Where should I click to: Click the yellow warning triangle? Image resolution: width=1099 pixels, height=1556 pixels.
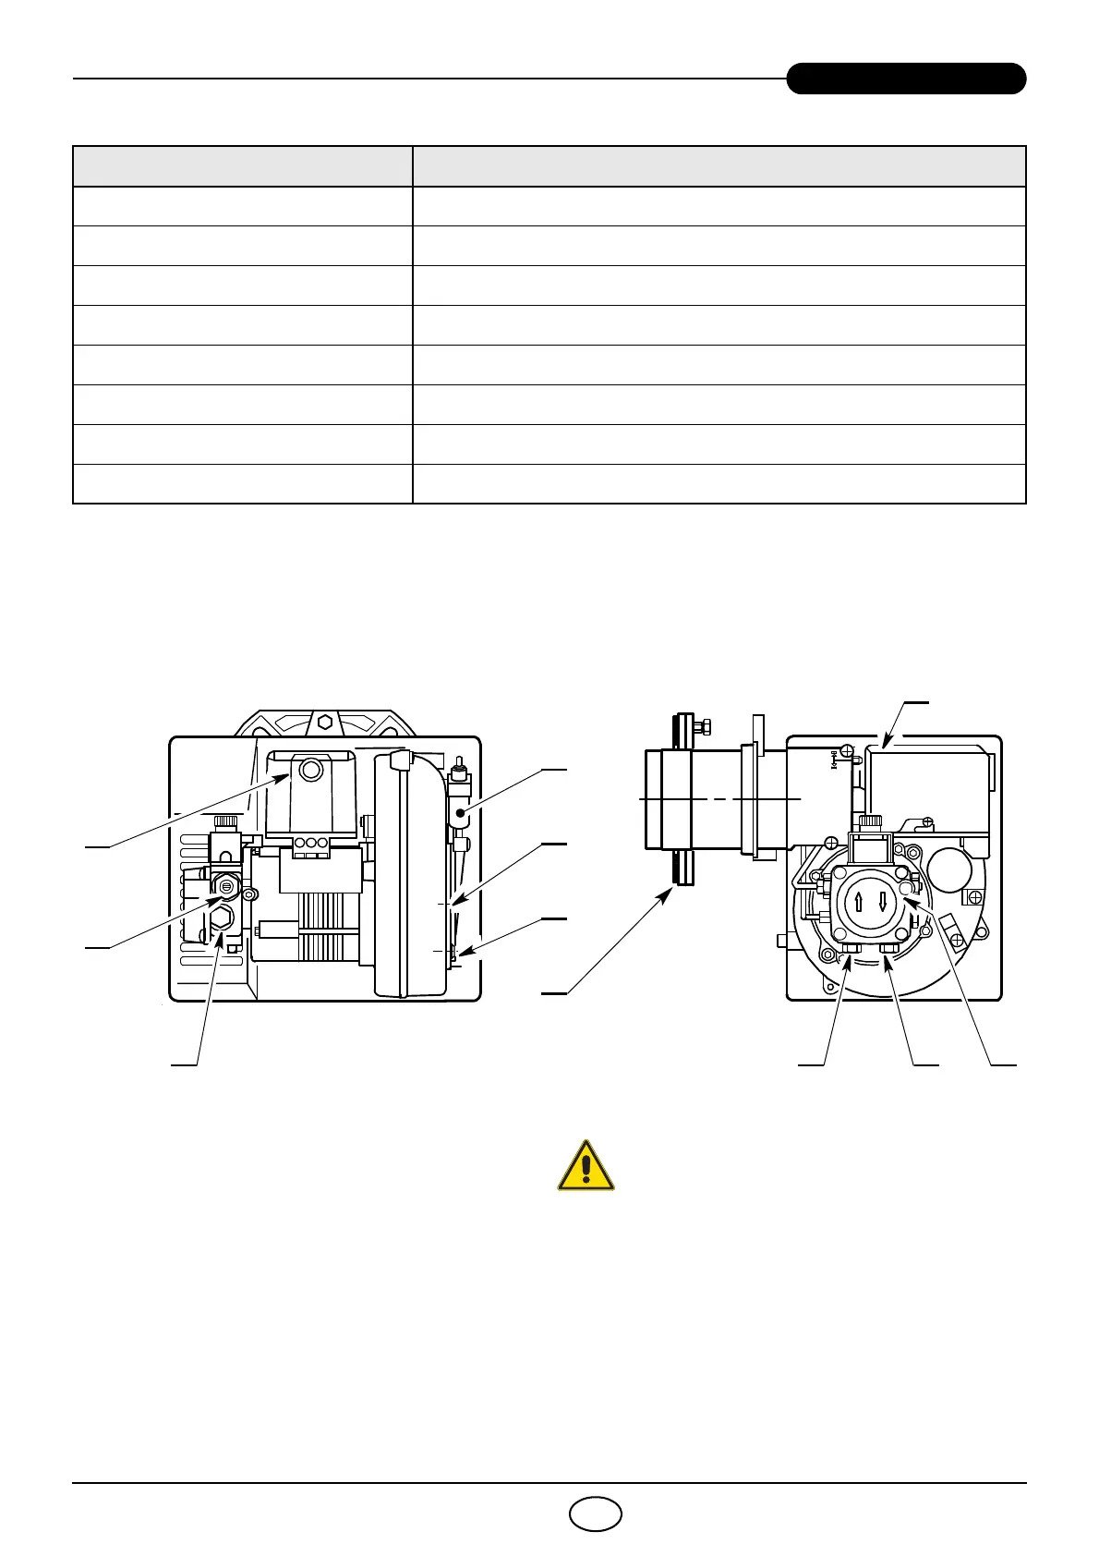(x=586, y=1166)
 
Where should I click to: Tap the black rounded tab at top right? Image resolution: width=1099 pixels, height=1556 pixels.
(x=906, y=79)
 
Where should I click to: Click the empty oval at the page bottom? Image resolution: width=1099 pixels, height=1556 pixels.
(x=596, y=1513)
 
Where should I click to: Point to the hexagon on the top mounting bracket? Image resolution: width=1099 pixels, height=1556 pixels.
(x=324, y=723)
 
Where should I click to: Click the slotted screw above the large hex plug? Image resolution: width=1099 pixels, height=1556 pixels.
(x=226, y=886)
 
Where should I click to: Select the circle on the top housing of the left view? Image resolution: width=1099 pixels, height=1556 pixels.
(x=312, y=768)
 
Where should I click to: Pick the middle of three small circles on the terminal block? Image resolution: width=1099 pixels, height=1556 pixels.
(x=310, y=842)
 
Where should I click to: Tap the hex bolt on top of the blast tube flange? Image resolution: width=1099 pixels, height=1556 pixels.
(x=705, y=726)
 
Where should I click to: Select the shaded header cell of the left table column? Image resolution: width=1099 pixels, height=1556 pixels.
(x=242, y=166)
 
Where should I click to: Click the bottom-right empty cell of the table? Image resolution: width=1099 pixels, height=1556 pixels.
(x=719, y=483)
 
